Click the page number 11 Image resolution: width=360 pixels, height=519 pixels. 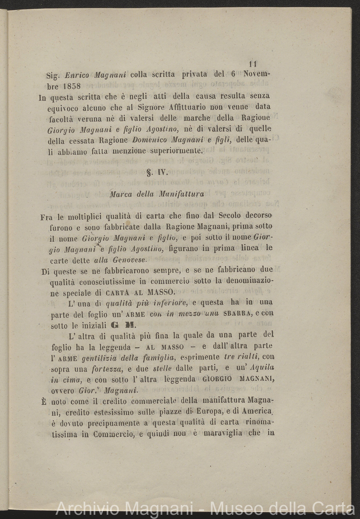point(253,64)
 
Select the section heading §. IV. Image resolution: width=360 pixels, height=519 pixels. point(158,172)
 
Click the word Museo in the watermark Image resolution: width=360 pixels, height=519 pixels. point(235,508)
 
